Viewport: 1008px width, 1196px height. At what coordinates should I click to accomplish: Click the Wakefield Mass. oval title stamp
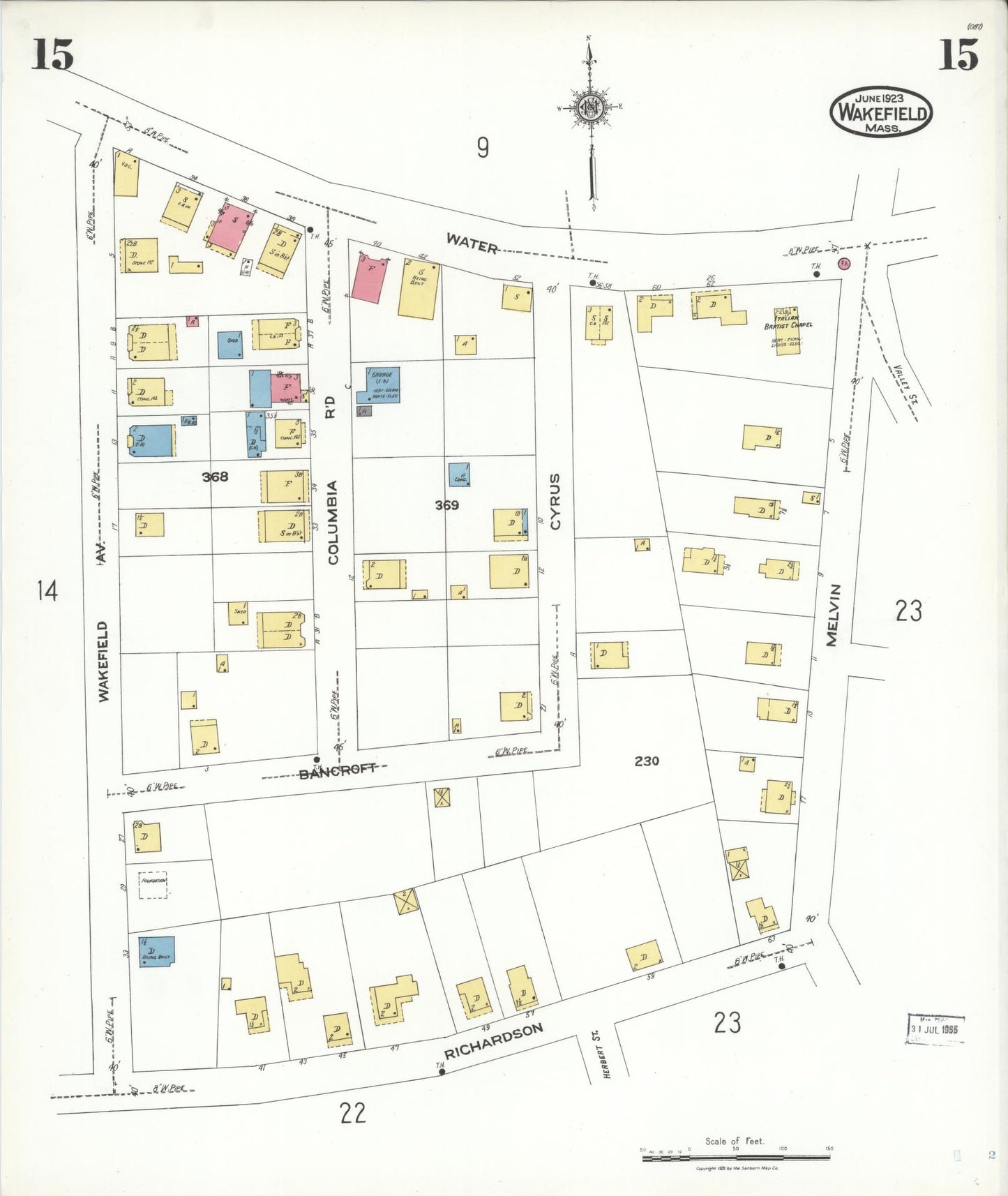[x=881, y=112]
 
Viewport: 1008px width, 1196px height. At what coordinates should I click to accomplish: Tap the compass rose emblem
[x=590, y=108]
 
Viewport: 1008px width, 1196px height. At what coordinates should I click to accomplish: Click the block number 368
[x=215, y=477]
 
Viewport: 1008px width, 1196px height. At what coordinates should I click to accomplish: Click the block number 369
[x=446, y=504]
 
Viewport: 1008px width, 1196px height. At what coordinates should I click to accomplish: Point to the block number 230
[x=647, y=761]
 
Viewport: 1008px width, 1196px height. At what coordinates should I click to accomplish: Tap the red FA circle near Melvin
[x=844, y=263]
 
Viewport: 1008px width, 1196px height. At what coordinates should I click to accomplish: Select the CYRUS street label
[x=555, y=501]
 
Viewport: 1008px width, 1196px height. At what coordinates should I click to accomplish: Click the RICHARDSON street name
[x=493, y=1041]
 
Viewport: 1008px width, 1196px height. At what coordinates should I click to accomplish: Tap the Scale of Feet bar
[x=735, y=1158]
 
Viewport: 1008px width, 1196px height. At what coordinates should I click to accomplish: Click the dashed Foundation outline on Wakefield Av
[x=153, y=884]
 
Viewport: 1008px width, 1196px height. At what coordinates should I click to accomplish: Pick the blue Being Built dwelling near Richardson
[x=156, y=951]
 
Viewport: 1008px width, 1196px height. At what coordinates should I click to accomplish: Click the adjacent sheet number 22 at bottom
[x=352, y=1112]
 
